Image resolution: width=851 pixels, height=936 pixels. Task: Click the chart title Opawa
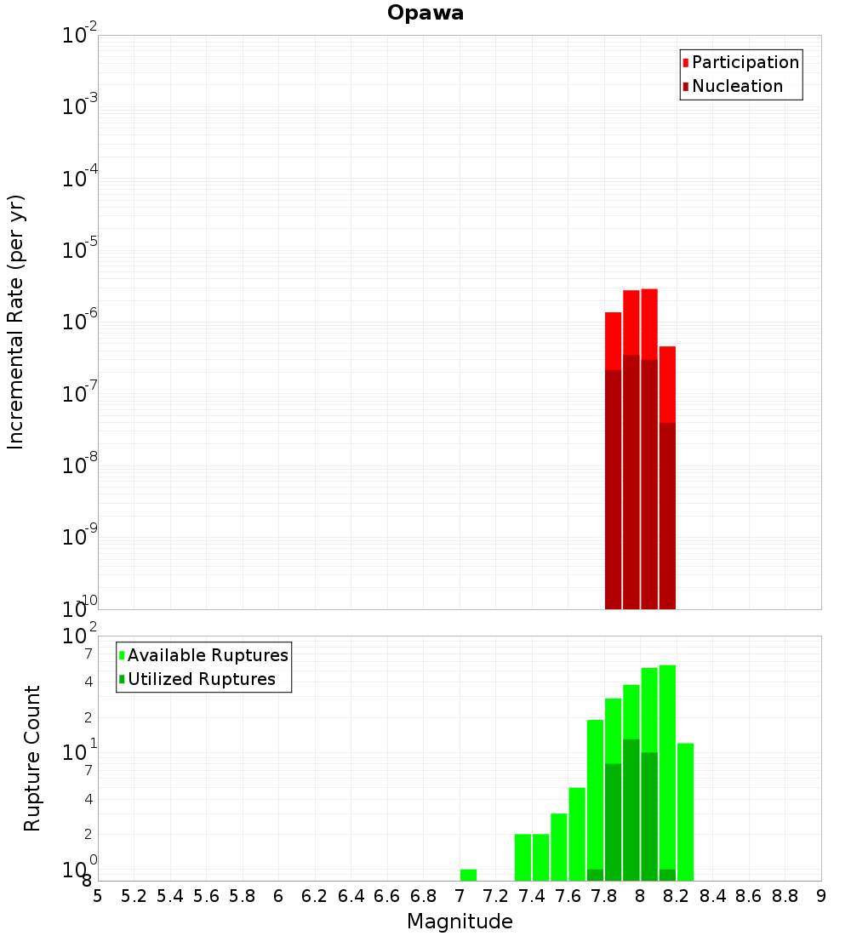(x=425, y=13)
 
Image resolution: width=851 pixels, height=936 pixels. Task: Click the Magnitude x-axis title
(x=460, y=922)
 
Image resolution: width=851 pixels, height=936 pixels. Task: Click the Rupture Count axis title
(x=32, y=757)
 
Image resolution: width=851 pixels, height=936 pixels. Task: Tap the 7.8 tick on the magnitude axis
(x=604, y=895)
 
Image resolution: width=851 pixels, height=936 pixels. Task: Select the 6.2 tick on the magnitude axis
(x=315, y=895)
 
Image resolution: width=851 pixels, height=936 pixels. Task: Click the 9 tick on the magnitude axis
(x=821, y=895)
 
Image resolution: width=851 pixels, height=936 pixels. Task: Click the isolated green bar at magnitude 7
(x=468, y=875)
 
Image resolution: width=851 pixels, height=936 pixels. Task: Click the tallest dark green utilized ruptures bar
(x=631, y=808)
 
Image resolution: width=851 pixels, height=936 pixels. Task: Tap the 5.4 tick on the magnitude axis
(x=170, y=895)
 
